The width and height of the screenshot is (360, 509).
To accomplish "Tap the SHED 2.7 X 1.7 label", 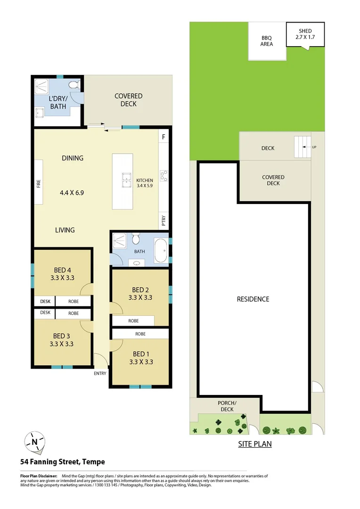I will (x=305, y=34).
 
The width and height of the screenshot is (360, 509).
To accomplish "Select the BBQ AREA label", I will (x=267, y=41).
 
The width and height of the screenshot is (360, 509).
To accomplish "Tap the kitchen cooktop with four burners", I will (x=164, y=175).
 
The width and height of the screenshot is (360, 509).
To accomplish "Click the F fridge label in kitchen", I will (x=164, y=137).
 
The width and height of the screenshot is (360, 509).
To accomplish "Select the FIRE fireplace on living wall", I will (x=39, y=182).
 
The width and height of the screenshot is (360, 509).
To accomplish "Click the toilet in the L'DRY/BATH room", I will (x=74, y=85).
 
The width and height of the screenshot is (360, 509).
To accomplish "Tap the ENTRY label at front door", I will (x=100, y=373).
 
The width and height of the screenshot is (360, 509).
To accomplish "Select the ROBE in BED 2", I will (x=133, y=321).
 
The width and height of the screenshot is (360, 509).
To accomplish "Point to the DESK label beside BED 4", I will (x=45, y=301).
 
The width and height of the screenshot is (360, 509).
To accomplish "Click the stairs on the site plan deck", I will (x=302, y=147).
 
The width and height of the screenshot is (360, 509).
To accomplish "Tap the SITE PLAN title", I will (x=254, y=444).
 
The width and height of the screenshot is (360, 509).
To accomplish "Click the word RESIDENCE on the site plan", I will (x=253, y=299).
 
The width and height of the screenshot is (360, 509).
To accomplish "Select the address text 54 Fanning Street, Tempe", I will (x=62, y=462).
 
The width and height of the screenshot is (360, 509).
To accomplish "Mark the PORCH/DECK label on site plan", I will (x=227, y=406).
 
